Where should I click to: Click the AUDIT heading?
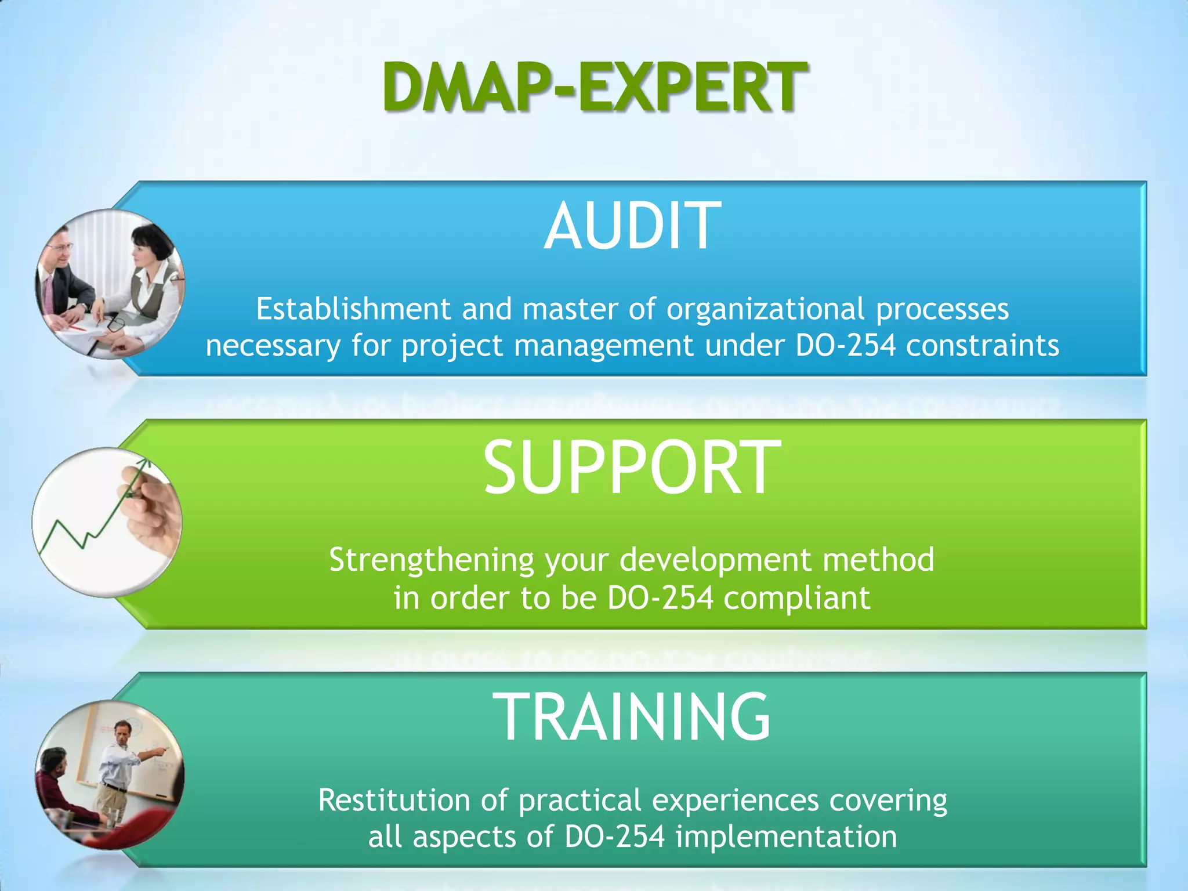(632, 226)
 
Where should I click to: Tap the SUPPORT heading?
(632, 468)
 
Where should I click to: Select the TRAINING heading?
(632, 717)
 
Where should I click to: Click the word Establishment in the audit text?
(354, 309)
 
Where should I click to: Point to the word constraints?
(983, 346)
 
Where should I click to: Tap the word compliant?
(796, 598)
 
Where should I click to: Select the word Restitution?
(394, 801)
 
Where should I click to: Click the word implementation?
(786, 837)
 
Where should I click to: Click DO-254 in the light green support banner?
(660, 598)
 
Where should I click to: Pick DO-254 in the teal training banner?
(614, 837)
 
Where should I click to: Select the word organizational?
(765, 309)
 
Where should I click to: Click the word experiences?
(735, 801)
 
